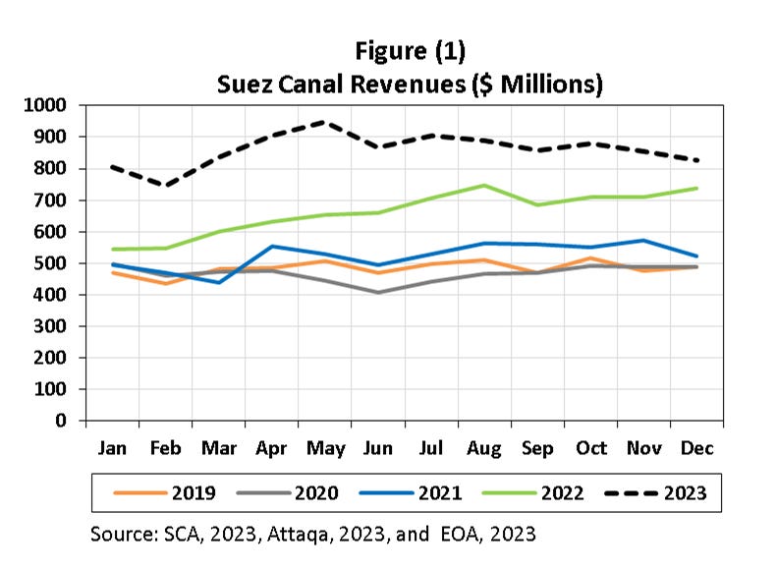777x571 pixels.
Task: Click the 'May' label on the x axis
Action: (x=326, y=448)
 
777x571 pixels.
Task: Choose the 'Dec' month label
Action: (x=697, y=448)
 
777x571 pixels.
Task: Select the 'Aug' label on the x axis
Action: (x=485, y=448)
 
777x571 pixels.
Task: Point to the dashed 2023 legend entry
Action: (x=668, y=492)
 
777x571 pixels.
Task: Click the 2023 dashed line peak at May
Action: (x=326, y=123)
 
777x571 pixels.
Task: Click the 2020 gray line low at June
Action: (x=379, y=292)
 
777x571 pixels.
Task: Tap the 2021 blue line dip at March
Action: (x=220, y=282)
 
